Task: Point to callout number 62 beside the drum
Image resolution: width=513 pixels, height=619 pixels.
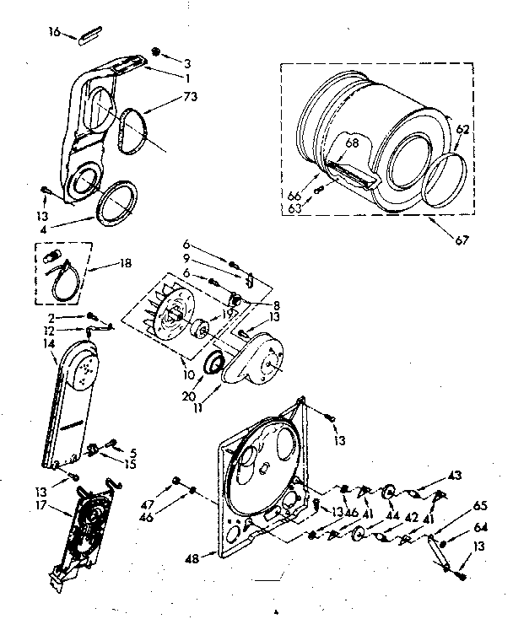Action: point(463,130)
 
